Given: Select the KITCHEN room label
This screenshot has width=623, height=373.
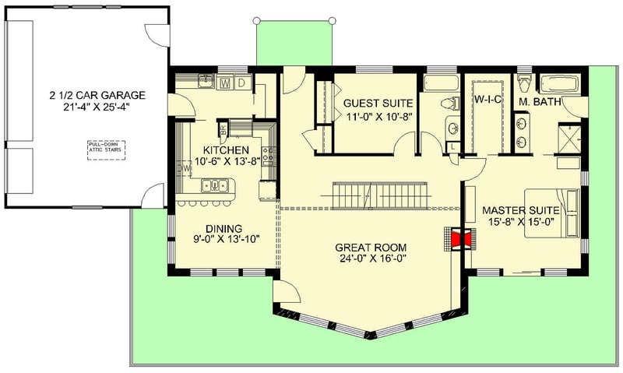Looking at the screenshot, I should tap(226, 150).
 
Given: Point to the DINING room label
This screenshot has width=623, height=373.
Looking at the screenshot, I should tap(224, 228).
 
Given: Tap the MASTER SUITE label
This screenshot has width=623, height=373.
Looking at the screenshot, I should tap(520, 210).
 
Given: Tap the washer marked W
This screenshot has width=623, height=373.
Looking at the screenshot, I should tap(226, 82).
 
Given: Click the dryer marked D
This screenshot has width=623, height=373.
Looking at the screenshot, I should tap(241, 82).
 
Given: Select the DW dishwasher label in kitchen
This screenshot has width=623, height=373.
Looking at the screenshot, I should tap(184, 167).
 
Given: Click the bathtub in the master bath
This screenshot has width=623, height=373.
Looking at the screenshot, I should tap(557, 83).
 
